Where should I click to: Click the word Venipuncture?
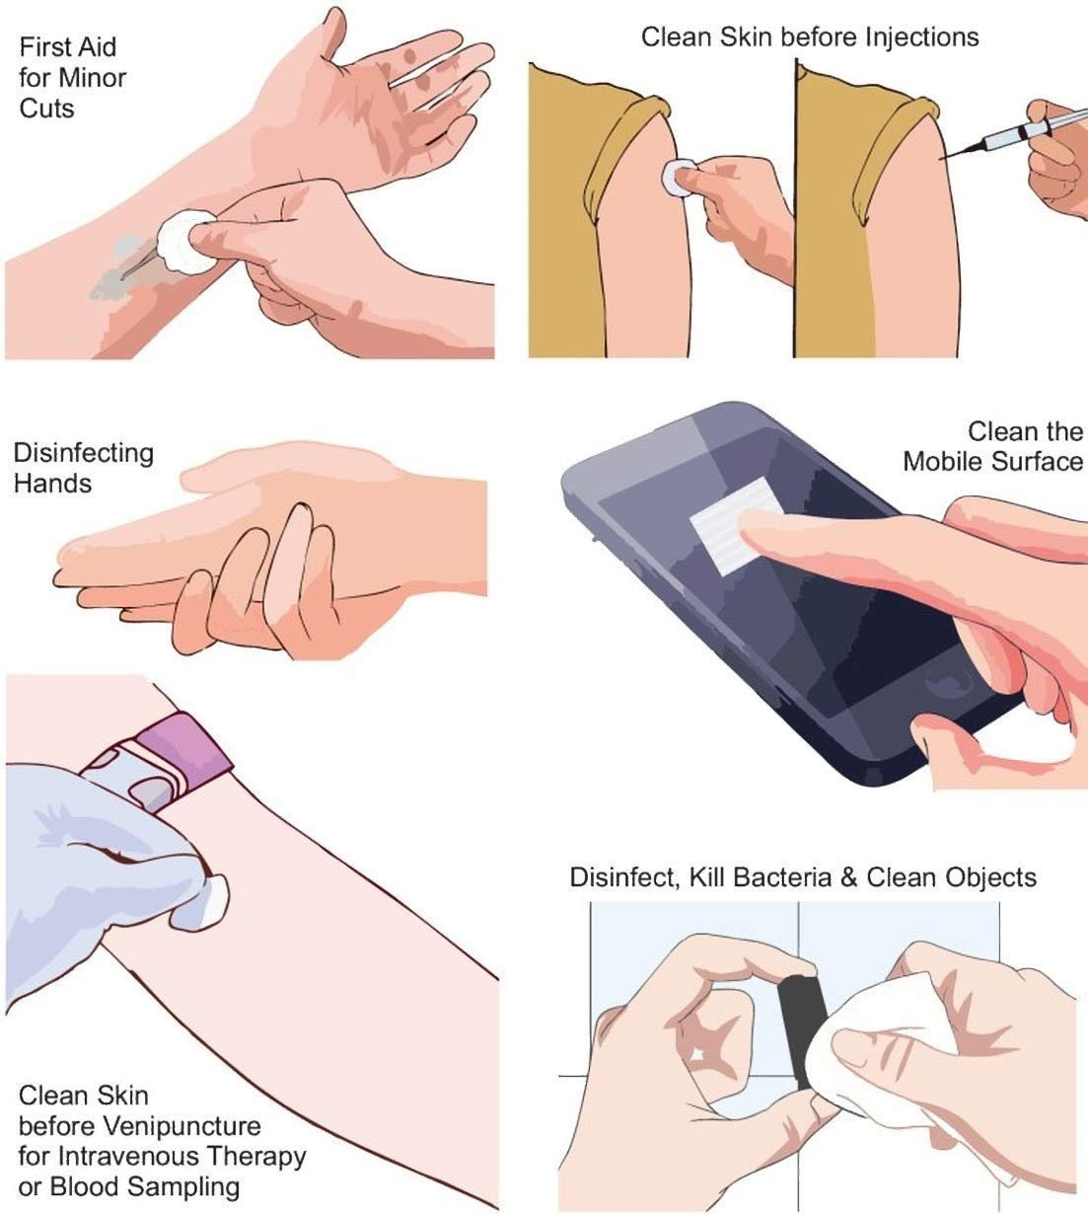tap(182, 1126)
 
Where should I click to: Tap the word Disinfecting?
tap(84, 454)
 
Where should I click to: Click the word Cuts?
tap(46, 109)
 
